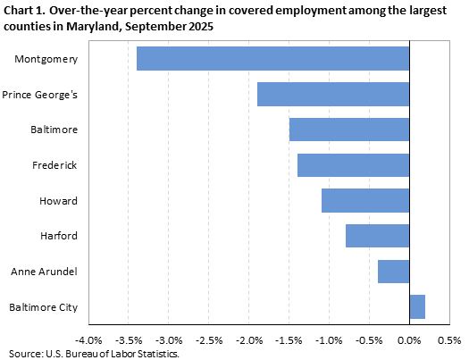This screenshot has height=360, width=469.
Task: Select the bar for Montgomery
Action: (x=272, y=59)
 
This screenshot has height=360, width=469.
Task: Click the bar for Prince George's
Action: (x=333, y=94)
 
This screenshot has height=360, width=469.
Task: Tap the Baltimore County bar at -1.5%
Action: (x=349, y=130)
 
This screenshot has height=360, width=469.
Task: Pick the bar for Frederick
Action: (x=353, y=165)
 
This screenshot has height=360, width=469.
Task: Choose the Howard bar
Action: (x=365, y=201)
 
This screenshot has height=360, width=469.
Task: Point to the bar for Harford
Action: (x=377, y=236)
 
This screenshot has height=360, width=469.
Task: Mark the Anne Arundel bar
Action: (x=393, y=272)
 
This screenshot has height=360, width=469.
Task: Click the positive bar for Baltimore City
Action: (x=417, y=307)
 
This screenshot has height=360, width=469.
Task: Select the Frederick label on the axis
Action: (x=55, y=165)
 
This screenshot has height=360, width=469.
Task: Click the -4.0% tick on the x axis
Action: (x=89, y=340)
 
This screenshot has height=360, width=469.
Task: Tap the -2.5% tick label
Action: (x=209, y=340)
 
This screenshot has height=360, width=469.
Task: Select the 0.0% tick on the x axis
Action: (x=409, y=340)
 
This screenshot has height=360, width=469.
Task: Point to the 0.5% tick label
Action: (x=448, y=340)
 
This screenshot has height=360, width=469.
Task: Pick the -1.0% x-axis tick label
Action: (x=329, y=340)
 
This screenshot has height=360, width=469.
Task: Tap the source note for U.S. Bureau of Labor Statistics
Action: (x=91, y=354)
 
